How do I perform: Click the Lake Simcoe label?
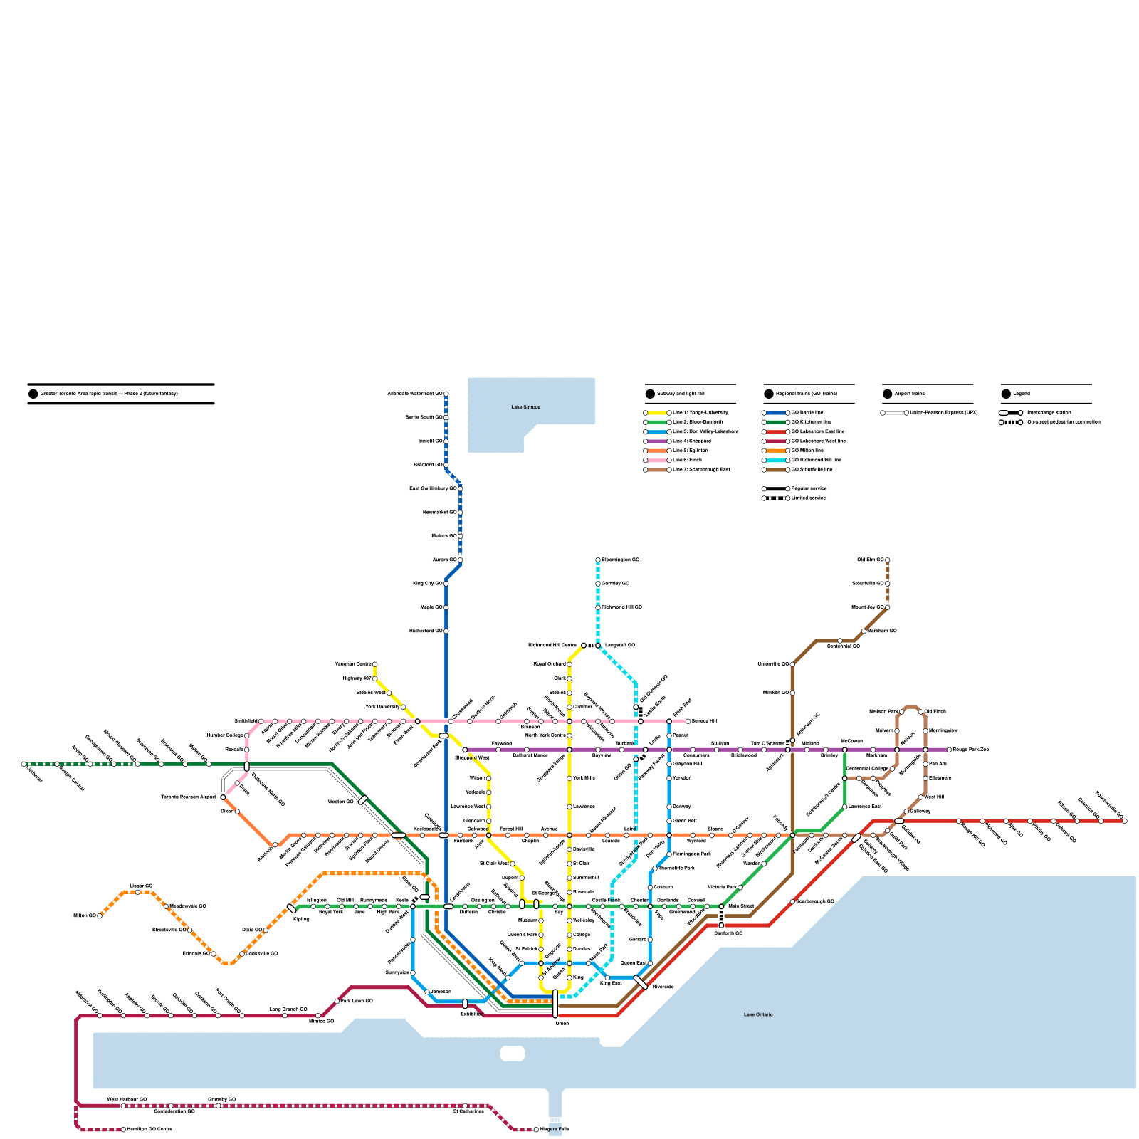point(525,407)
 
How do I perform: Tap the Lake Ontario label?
point(758,1014)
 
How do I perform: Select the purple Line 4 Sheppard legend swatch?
point(657,441)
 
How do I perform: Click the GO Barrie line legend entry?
point(807,413)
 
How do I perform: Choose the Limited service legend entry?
point(808,498)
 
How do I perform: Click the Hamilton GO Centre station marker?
point(123,1130)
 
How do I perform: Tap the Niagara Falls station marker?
point(536,1130)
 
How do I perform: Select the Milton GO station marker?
point(100,916)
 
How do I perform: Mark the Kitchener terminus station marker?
point(23,764)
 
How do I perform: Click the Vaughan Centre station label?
point(353,664)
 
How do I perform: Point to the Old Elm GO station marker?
point(887,560)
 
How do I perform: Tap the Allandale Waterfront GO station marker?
point(446,394)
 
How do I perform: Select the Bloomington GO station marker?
point(598,560)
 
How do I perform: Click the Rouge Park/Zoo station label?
point(970,750)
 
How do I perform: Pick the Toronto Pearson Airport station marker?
point(223,797)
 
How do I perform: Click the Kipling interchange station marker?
point(291,908)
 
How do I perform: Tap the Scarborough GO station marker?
point(792,902)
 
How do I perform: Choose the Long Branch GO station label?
point(288,1009)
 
